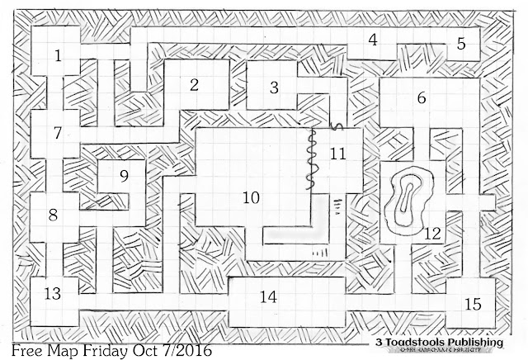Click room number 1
[x=58, y=56]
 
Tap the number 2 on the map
[x=195, y=84]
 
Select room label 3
[x=274, y=86]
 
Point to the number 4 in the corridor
[x=373, y=40]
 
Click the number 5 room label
[x=461, y=45]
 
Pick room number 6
[x=422, y=97]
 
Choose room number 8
[x=53, y=215]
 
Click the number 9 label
[x=124, y=176]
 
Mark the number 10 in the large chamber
[x=251, y=197]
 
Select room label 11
[x=337, y=154]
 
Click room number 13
[x=53, y=293]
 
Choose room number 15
[x=472, y=305]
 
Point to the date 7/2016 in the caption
[x=181, y=350]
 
